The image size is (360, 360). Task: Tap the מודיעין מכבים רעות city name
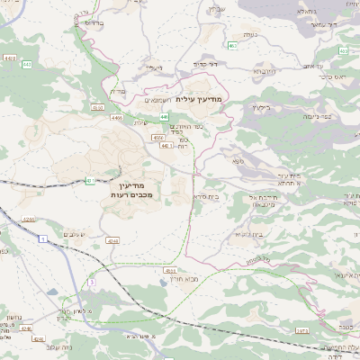point(136,190)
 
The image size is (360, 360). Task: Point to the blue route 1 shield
point(42,238)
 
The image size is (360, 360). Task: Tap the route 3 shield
point(91,282)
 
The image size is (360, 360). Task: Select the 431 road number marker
point(91,181)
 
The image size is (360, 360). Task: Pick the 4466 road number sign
point(116,117)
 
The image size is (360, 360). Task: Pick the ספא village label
point(237,161)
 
